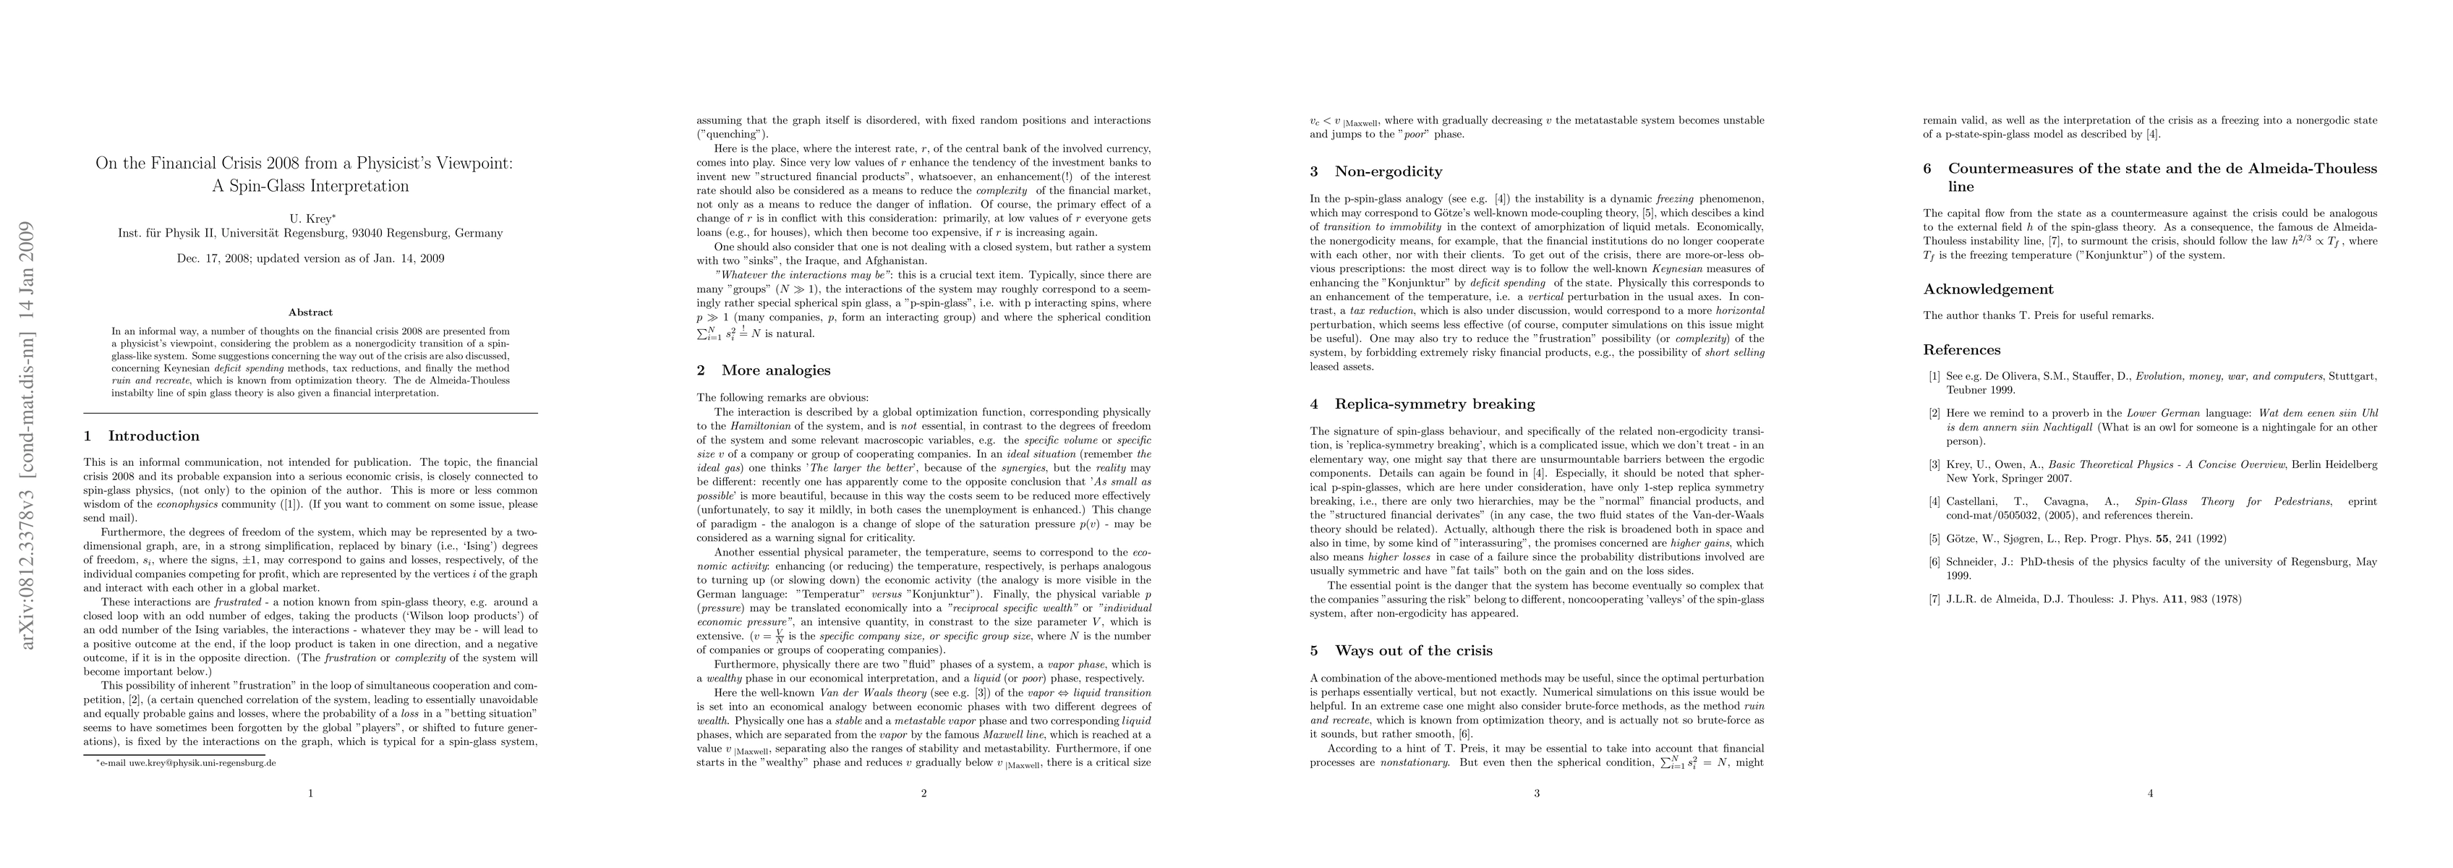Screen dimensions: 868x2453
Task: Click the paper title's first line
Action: [x=304, y=163]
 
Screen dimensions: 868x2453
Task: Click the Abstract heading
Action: [x=310, y=312]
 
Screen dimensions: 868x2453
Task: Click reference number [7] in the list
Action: [x=1934, y=600]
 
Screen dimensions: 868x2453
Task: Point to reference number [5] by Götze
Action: [x=1934, y=538]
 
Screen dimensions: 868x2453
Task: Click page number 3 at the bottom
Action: [x=1537, y=793]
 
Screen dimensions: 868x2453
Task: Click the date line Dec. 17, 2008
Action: [x=310, y=258]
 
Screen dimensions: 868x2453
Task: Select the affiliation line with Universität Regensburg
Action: [x=310, y=232]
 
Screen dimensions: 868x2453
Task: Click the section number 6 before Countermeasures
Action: [x=1927, y=169]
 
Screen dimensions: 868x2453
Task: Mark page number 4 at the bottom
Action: [x=2150, y=793]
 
